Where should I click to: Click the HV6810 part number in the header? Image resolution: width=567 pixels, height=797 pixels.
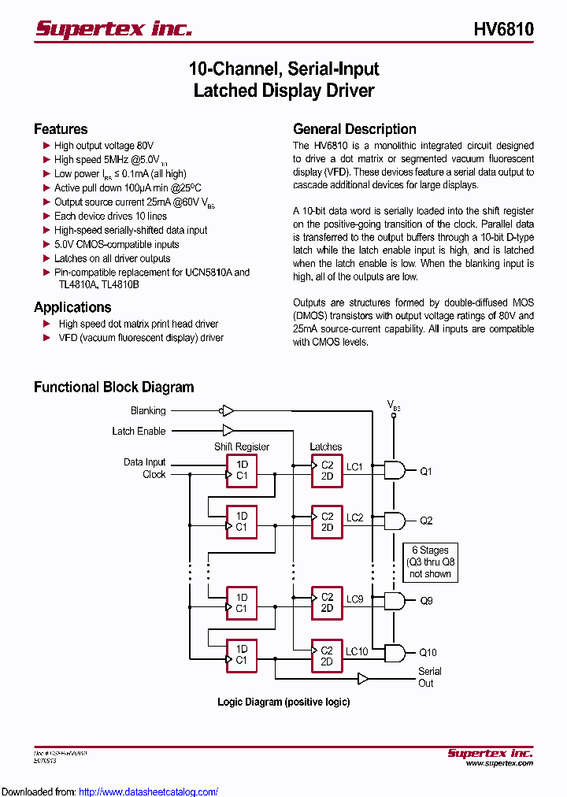click(x=503, y=29)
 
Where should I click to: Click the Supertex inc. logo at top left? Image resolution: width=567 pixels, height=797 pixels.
click(x=113, y=29)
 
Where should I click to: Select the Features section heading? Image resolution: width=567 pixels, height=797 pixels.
click(x=61, y=129)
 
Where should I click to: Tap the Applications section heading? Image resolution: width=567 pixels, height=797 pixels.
click(x=72, y=307)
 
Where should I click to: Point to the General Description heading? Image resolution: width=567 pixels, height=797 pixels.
click(x=354, y=129)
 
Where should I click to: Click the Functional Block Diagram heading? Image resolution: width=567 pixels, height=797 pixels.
click(x=113, y=387)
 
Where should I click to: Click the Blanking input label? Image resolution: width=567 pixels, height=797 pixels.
click(x=148, y=410)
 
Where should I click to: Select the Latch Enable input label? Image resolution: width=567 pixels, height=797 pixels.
click(x=139, y=431)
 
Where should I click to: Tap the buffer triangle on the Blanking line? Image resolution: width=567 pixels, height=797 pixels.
click(x=227, y=410)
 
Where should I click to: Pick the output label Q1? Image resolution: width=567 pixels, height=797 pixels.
click(x=425, y=472)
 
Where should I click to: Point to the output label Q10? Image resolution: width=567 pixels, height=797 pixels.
click(x=428, y=652)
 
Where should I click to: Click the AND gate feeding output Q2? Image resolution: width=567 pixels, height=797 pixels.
click(x=394, y=521)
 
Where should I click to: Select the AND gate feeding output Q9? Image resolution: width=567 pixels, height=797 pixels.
click(x=394, y=601)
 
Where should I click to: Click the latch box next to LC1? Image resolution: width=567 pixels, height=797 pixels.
click(x=327, y=470)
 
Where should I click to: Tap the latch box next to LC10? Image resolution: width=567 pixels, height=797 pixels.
click(x=327, y=656)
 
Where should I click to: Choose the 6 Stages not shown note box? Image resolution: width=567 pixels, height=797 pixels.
click(x=430, y=562)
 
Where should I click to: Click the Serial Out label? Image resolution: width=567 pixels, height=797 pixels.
click(x=429, y=677)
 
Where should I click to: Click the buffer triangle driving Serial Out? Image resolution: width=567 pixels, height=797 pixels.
click(x=362, y=678)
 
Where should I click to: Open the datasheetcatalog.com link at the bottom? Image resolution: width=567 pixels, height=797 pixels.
click(x=149, y=791)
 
